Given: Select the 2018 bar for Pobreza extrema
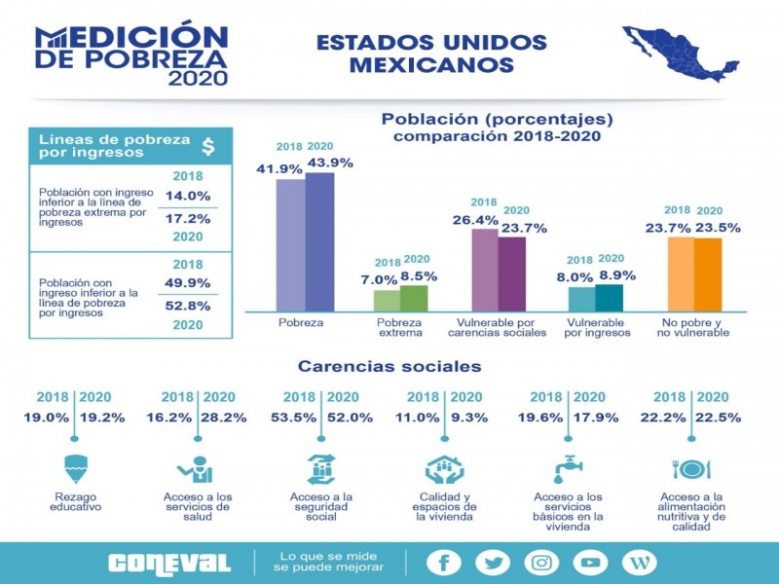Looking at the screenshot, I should click(387, 301).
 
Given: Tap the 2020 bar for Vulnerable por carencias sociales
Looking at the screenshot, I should click(512, 274).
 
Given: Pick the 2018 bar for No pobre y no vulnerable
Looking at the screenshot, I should click(681, 274).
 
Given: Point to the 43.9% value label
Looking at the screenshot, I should click(329, 162).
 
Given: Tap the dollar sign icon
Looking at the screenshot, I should click(207, 146).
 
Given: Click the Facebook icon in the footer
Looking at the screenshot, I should click(444, 563).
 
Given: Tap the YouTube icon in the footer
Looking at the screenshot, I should click(590, 563).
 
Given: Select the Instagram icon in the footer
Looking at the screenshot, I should click(541, 563).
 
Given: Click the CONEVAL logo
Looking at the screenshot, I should click(169, 563).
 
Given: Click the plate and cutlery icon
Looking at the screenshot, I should click(690, 468).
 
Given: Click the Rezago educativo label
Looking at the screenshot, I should click(75, 501).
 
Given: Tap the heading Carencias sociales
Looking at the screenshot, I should click(389, 367).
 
